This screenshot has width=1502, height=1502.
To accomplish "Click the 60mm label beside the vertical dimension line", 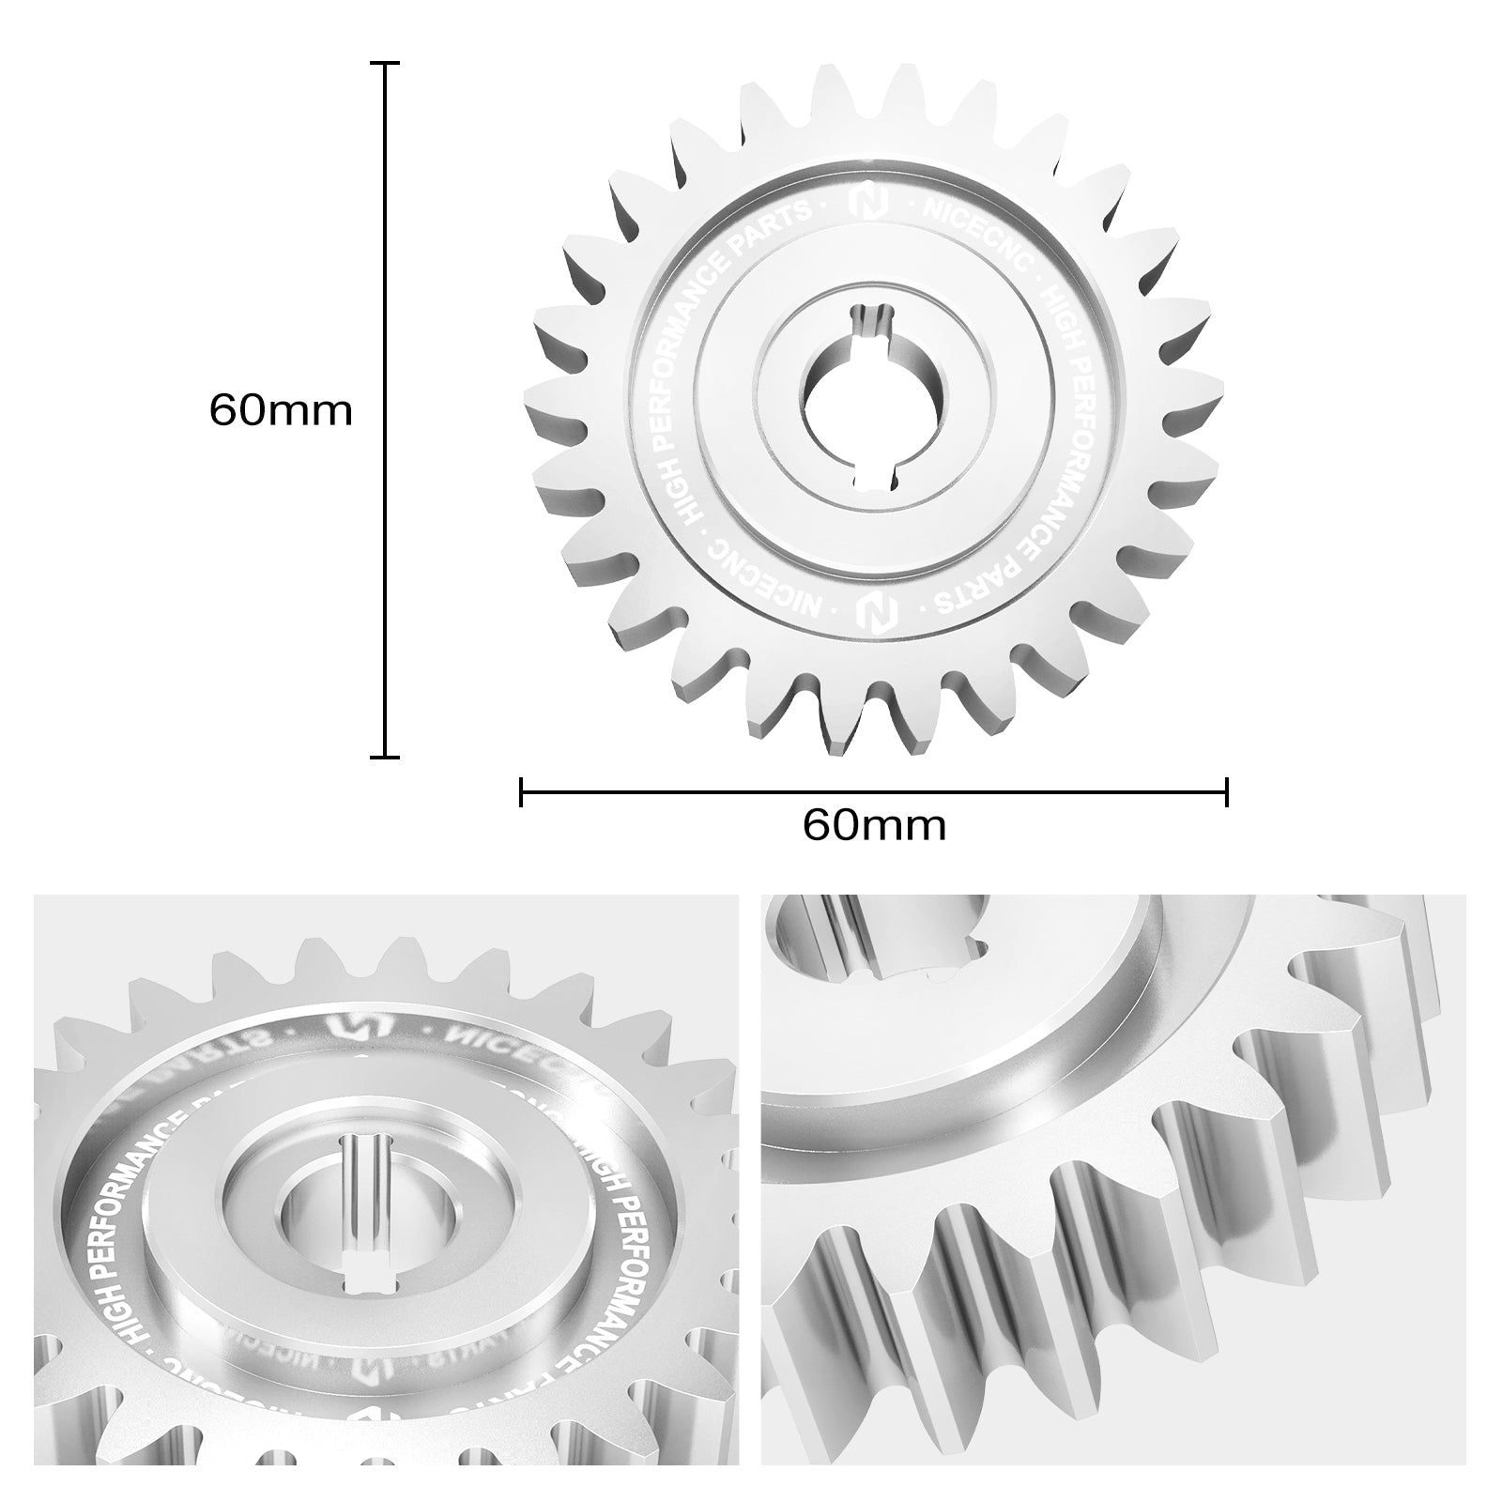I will point(280,410).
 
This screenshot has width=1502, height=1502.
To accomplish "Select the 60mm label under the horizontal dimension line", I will point(873,825).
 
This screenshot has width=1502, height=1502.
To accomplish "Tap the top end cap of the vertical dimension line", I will point(385,64).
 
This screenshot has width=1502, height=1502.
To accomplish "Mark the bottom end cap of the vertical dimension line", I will point(385,756).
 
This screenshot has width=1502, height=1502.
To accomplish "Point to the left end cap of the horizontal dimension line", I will point(521,791).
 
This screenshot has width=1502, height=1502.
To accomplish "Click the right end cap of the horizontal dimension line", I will point(1226,791).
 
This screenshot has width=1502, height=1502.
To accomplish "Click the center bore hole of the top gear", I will point(873,404).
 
